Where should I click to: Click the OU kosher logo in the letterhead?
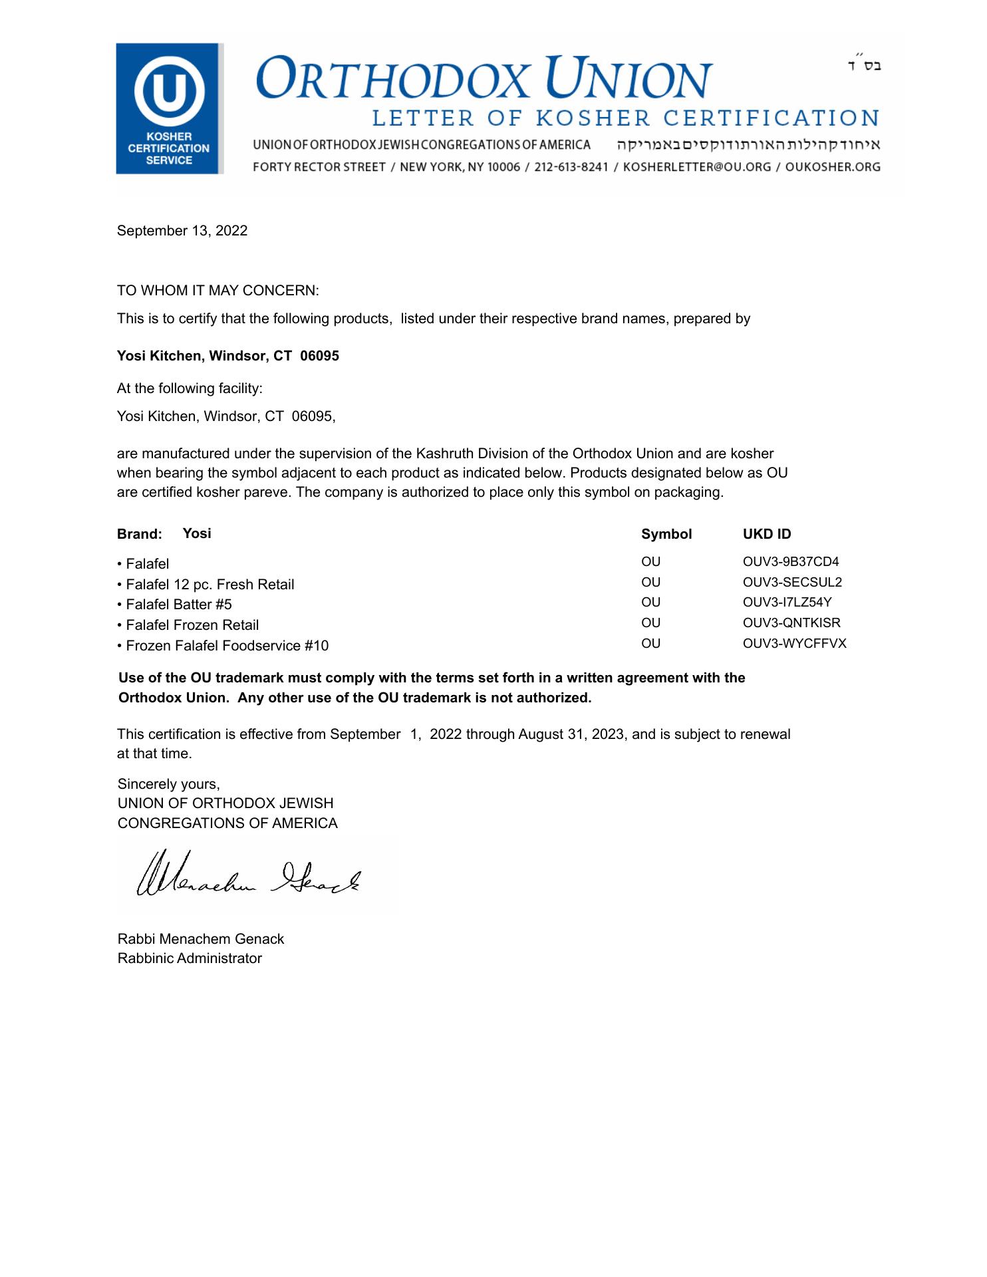(169, 108)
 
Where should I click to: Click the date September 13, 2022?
(182, 231)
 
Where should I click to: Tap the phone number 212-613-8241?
(571, 167)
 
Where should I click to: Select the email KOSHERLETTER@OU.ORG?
(696, 167)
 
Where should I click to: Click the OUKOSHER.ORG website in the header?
(832, 167)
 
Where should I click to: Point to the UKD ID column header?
(766, 534)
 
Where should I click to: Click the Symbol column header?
(666, 534)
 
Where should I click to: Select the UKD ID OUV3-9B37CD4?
(790, 562)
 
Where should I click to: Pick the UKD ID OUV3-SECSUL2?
(791, 583)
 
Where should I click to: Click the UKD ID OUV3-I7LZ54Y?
(787, 603)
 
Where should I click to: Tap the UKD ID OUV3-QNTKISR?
(791, 623)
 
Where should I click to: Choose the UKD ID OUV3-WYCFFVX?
(794, 644)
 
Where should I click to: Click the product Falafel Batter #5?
(178, 605)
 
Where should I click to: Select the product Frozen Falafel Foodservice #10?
(226, 646)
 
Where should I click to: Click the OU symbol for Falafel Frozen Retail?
(650, 623)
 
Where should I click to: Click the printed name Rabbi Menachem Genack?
(200, 939)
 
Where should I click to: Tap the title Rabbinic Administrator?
(190, 958)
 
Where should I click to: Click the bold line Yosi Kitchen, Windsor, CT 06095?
(227, 356)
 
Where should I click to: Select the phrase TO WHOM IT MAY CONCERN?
(217, 291)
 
